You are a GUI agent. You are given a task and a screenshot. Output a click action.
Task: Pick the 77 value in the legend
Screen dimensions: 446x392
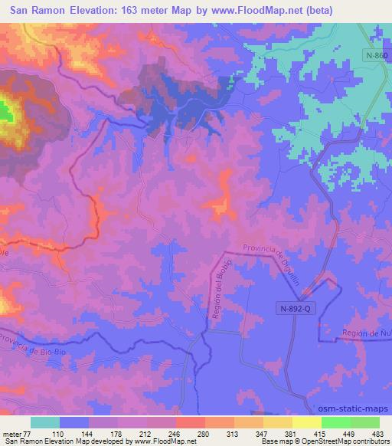(x=27, y=434)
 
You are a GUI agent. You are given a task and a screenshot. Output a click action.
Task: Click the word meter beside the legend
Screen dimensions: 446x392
(x=11, y=434)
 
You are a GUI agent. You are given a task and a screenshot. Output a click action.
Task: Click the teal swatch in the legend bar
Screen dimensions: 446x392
(x=45, y=422)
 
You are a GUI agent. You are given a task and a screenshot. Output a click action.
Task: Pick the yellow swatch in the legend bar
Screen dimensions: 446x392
(x=306, y=422)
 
